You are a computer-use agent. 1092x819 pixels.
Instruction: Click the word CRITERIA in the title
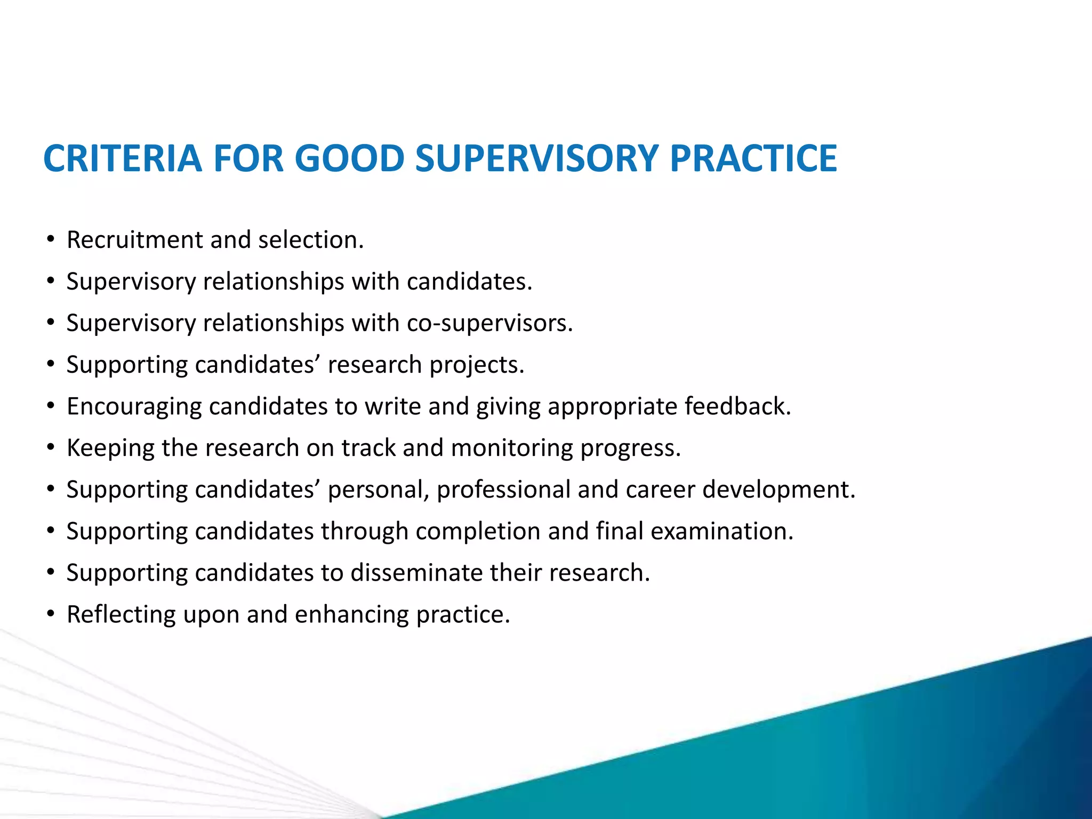point(122,158)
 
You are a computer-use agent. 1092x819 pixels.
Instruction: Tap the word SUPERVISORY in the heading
point(536,158)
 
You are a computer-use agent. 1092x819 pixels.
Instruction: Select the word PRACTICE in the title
point(753,158)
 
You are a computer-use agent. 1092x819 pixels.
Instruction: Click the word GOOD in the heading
point(349,158)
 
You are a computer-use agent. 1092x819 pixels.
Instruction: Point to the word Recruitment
point(134,240)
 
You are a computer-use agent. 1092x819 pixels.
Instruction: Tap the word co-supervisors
point(489,323)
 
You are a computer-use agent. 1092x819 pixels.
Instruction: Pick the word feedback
point(737,406)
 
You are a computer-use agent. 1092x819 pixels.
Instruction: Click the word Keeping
point(110,448)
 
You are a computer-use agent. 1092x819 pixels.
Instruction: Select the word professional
point(503,489)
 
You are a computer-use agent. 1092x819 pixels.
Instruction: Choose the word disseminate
point(416,573)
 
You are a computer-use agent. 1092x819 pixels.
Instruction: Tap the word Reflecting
point(121,614)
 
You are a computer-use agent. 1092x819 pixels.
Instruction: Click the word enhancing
point(352,614)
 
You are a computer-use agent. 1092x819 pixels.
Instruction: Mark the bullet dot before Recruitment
point(51,240)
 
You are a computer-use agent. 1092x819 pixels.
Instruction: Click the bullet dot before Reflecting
point(51,614)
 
